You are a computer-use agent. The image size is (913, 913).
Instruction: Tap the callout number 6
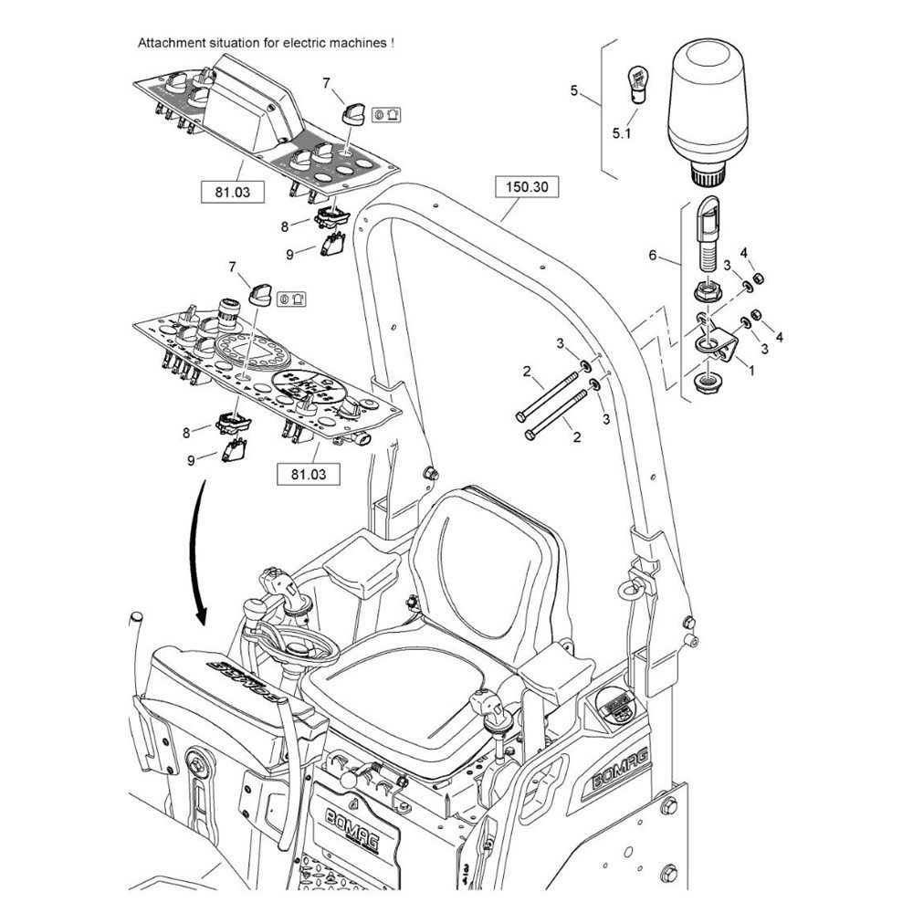click(x=652, y=256)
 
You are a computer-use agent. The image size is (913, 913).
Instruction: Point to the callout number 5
click(x=573, y=89)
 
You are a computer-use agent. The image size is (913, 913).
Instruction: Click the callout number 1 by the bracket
click(x=750, y=372)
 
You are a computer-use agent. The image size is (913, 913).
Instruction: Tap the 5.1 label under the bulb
click(x=621, y=133)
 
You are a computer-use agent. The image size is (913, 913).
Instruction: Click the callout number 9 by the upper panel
click(x=289, y=253)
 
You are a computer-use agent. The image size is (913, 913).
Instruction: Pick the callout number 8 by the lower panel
click(x=186, y=430)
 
